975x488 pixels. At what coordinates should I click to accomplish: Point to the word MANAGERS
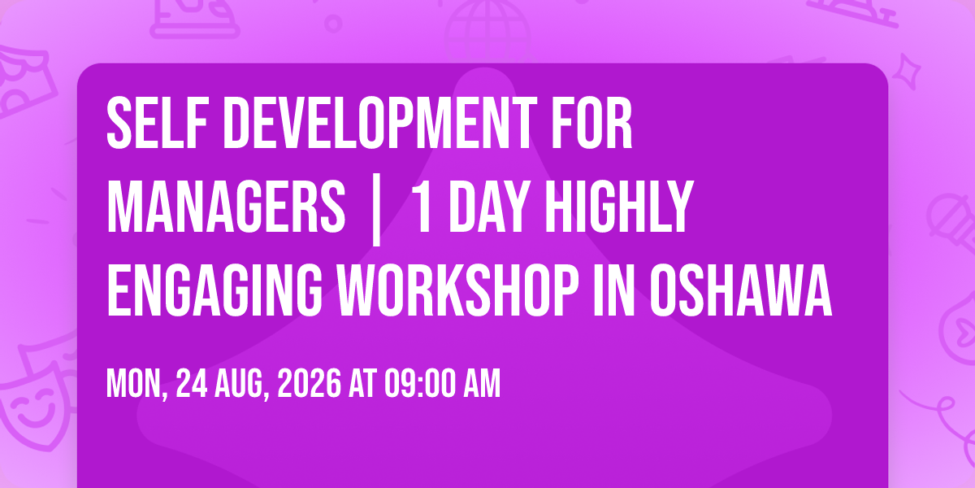226,207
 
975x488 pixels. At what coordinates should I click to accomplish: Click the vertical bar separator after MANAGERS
377,210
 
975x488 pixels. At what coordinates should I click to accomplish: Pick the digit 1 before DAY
422,207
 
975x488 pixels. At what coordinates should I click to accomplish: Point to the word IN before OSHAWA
614,290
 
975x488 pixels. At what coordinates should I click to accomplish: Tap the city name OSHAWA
741,290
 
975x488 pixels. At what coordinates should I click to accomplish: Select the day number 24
192,383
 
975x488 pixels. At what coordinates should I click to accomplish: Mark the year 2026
309,383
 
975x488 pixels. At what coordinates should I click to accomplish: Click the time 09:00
419,383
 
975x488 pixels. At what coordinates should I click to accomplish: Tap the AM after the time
482,383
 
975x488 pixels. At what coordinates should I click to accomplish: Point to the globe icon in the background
487,31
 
